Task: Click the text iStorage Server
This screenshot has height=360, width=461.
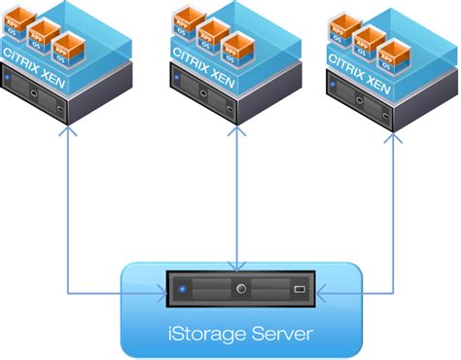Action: [x=239, y=334]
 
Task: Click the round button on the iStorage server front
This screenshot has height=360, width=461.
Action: [x=238, y=289]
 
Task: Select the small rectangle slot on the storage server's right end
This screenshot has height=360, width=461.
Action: [x=300, y=290]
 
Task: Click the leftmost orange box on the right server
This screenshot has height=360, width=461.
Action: [x=341, y=24]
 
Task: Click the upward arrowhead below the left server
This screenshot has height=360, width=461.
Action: [x=66, y=140]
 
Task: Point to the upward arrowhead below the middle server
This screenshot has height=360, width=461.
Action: [x=237, y=140]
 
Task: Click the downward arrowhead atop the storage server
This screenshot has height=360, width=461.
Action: [x=237, y=265]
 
